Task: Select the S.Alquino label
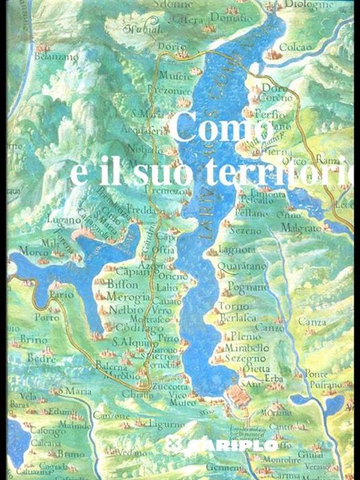tap(134, 342)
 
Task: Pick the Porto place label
tap(46, 318)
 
